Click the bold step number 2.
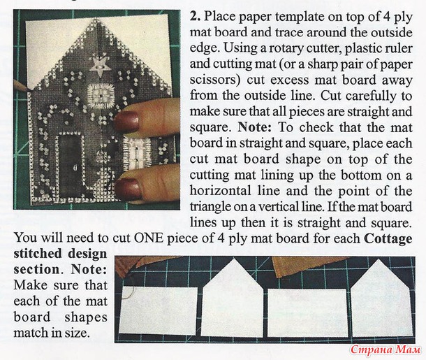pyautogui.click(x=195, y=17)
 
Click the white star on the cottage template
pyautogui.click(x=98, y=66)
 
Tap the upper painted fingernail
pyautogui.click(x=127, y=121)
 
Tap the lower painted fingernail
pyautogui.click(x=128, y=188)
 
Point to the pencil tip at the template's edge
pyautogui.click(x=27, y=89)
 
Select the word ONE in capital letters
pyautogui.click(x=149, y=238)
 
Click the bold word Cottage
pyautogui.click(x=388, y=238)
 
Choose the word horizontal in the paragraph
pyautogui.click(x=221, y=191)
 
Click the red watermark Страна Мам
pyautogui.click(x=385, y=350)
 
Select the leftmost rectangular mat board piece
pyautogui.click(x=159, y=310)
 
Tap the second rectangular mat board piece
pyautogui.click(x=307, y=312)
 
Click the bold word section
pyautogui.click(x=36, y=269)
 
